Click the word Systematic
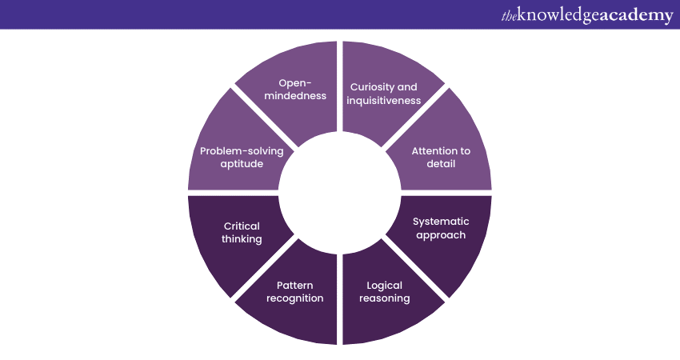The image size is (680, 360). pyautogui.click(x=441, y=221)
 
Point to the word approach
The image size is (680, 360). pyautogui.click(x=441, y=235)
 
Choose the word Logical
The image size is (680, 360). pyautogui.click(x=385, y=285)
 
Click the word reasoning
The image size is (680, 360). pyautogui.click(x=385, y=298)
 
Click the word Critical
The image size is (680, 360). pyautogui.click(x=242, y=226)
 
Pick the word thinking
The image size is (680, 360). pyautogui.click(x=242, y=239)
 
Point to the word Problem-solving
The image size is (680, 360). pyautogui.click(x=242, y=150)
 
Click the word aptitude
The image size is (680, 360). pyautogui.click(x=242, y=164)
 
